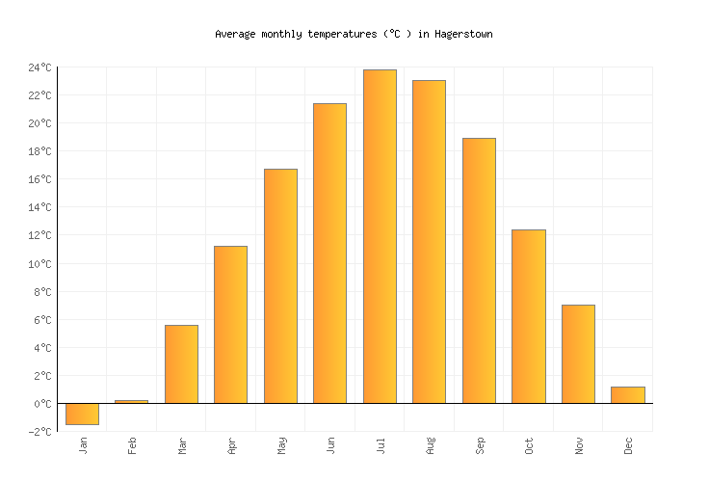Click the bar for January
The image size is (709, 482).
click(82, 414)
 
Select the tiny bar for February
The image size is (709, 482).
click(131, 401)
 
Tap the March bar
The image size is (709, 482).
click(181, 363)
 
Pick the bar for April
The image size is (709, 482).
click(230, 324)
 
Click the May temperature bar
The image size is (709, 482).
click(280, 285)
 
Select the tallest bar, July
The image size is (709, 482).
click(380, 236)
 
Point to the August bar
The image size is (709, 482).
click(429, 241)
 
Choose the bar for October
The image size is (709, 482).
click(528, 316)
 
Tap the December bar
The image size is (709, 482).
click(627, 394)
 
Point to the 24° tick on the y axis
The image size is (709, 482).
click(39, 67)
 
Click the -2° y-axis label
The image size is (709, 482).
click(39, 432)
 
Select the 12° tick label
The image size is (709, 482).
click(39, 236)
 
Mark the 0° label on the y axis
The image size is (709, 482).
click(42, 404)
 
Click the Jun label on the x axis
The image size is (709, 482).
click(330, 445)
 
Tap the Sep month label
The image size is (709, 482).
click(480, 445)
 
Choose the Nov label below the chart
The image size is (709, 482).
click(579, 445)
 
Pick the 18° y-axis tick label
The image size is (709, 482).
click(39, 151)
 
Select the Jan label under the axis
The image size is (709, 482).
click(83, 445)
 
